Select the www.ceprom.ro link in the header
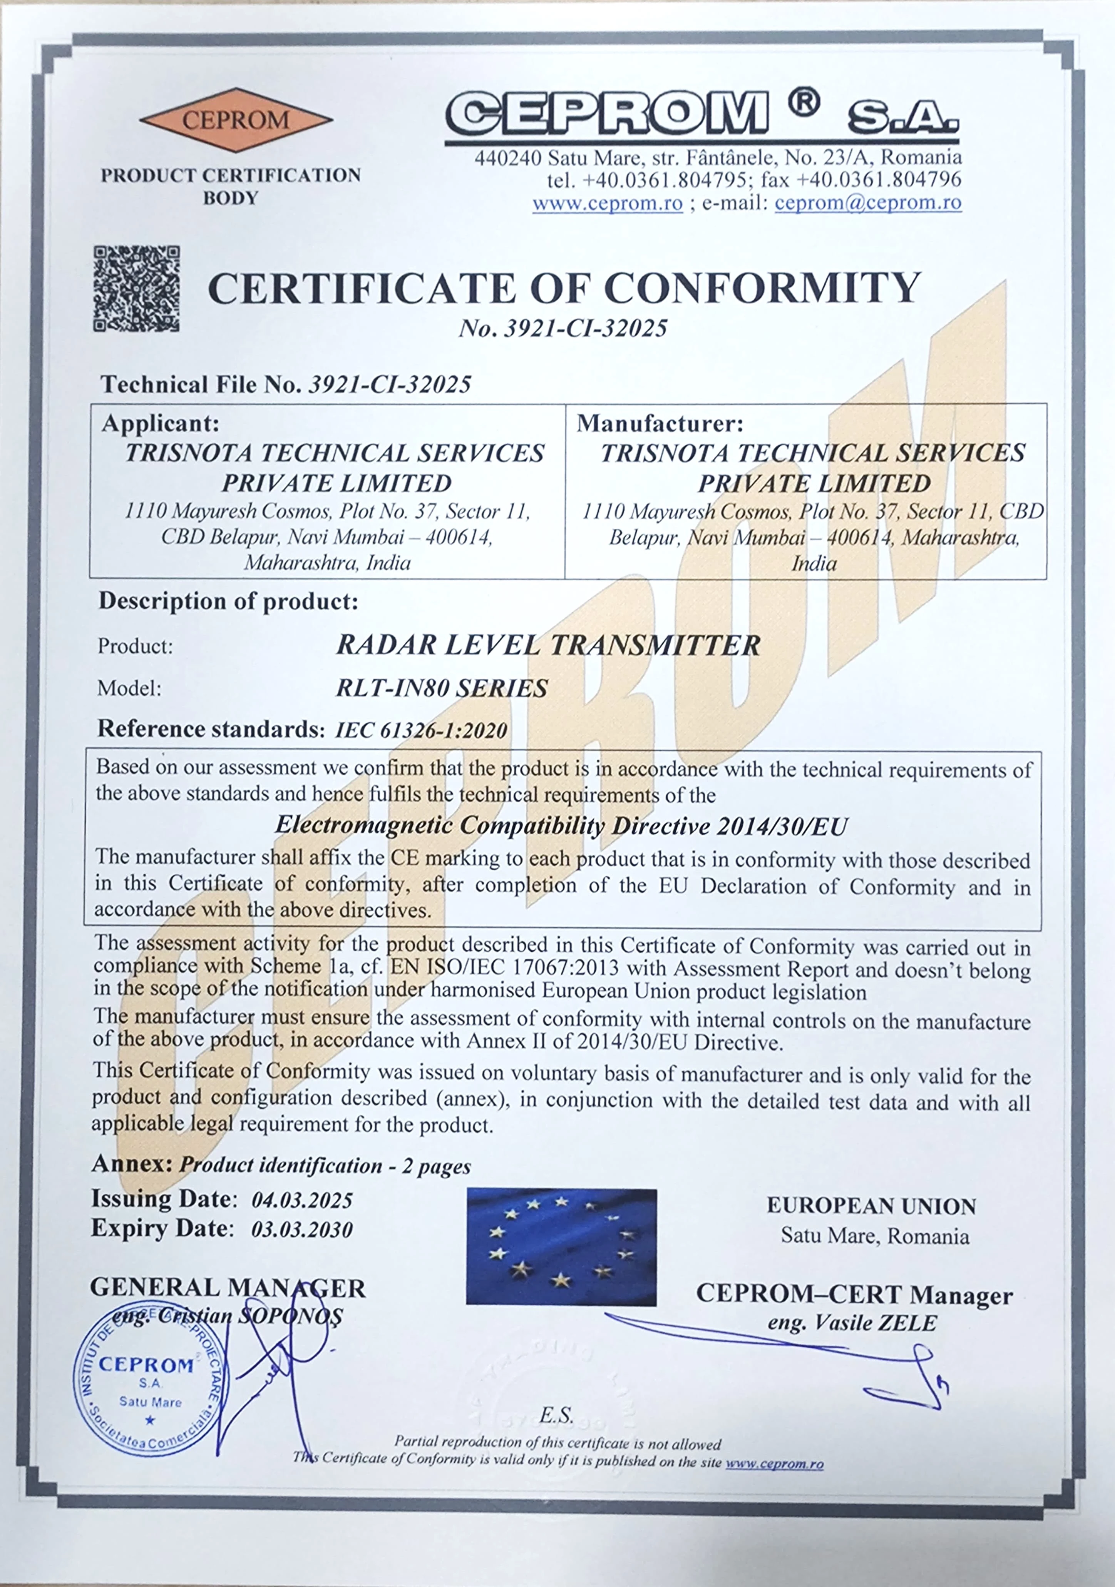607,203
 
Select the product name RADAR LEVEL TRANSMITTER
548,645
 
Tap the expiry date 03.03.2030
302,1229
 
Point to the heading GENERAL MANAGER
228,1288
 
